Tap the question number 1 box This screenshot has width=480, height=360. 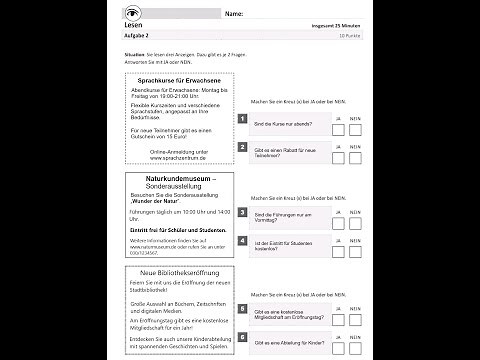coord(243,119)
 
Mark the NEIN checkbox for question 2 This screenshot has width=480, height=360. coord(355,157)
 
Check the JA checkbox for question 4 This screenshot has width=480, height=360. coord(338,248)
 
